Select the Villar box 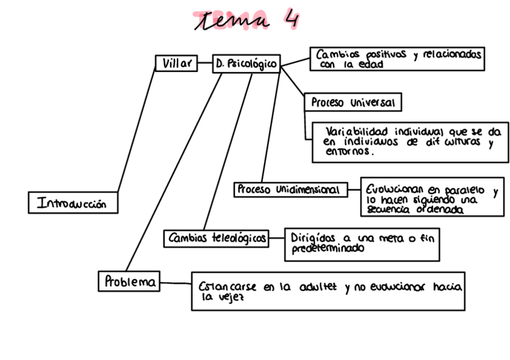click(176, 63)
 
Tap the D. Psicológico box click(247, 64)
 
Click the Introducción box click(72, 203)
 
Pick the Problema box click(129, 281)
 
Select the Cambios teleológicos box click(216, 239)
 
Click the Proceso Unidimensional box click(290, 190)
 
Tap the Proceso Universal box click(352, 103)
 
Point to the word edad click(370, 65)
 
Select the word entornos click(349, 153)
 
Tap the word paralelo click(461, 189)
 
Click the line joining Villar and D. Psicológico click(205, 63)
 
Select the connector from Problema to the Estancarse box click(176, 282)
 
